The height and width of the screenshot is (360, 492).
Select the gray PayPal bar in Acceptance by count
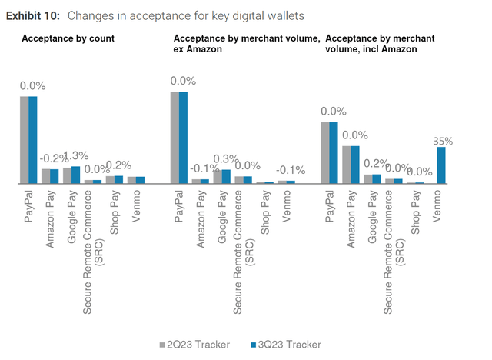(x=24, y=140)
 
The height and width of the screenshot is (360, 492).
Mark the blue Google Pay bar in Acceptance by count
(x=75, y=175)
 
